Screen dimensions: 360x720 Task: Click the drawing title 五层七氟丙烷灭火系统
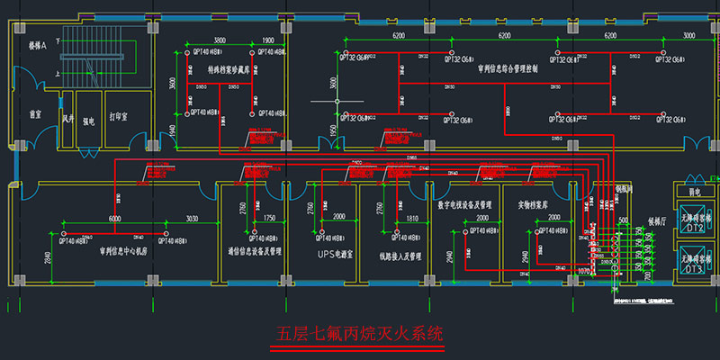[x=359, y=335]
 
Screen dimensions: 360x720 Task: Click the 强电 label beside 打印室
[x=89, y=116]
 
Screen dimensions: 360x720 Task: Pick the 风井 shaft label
[x=66, y=116]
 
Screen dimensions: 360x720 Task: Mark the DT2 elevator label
[x=693, y=229]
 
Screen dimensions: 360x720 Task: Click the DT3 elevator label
[x=693, y=269]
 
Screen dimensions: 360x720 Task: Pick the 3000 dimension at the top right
[x=689, y=35]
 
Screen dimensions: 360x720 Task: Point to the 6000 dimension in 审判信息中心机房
[x=114, y=219]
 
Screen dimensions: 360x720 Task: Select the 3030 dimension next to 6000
[x=193, y=219]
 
